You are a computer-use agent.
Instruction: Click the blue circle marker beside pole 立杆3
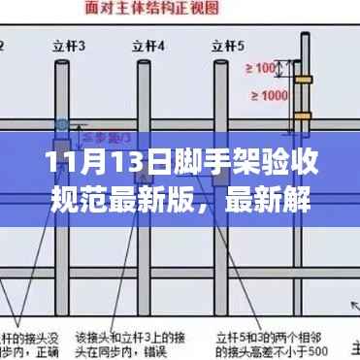(63, 126)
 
